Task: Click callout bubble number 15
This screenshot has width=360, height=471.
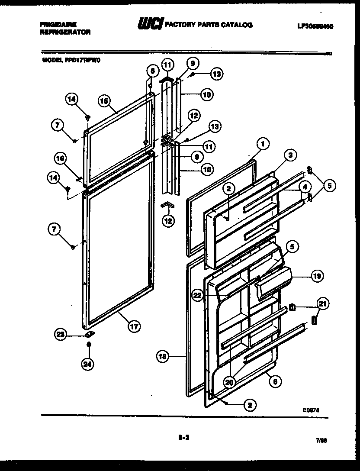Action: click(x=104, y=101)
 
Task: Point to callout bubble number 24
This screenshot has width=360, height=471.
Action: click(x=88, y=365)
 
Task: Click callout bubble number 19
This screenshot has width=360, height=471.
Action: click(x=317, y=276)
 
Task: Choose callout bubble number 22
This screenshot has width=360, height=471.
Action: click(x=198, y=295)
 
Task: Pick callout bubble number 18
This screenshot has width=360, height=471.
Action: click(x=163, y=357)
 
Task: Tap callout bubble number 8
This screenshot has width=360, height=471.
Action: click(x=151, y=70)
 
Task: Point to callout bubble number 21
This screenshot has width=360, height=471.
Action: click(x=322, y=303)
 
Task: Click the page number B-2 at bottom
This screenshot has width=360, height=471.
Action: click(x=183, y=438)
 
